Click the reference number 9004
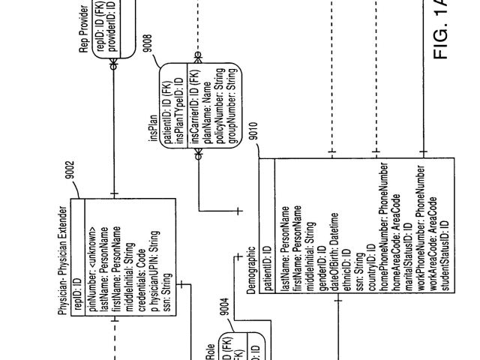click(x=221, y=307)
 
